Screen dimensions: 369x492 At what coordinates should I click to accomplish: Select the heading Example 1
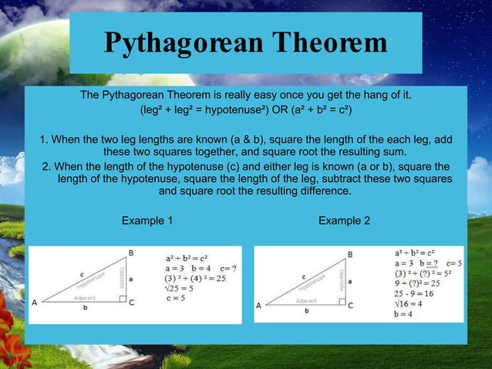[x=147, y=221]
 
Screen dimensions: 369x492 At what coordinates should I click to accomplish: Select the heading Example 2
[x=344, y=221]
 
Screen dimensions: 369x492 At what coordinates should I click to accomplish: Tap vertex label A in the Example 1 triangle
[x=35, y=303]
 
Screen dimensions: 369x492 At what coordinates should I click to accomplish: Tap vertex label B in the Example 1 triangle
[x=131, y=252]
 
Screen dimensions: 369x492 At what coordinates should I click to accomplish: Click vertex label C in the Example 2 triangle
[x=351, y=306]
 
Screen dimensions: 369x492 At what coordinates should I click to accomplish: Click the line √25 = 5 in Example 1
[x=180, y=289]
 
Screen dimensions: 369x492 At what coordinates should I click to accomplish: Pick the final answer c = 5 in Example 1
[x=180, y=299]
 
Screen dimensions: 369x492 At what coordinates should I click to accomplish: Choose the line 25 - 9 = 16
[x=413, y=294]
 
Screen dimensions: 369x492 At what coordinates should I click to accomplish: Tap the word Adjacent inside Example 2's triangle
[x=306, y=300]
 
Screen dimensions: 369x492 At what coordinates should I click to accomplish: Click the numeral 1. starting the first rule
[x=45, y=140]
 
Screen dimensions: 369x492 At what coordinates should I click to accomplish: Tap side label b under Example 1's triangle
[x=85, y=308]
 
